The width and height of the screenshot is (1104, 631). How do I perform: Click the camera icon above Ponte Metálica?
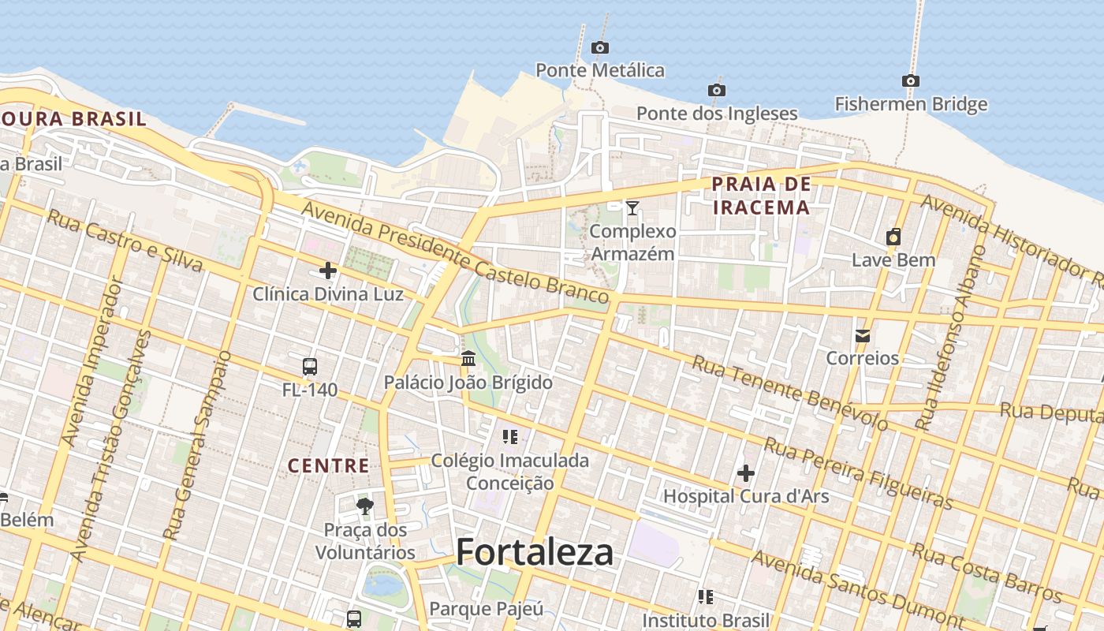(600, 47)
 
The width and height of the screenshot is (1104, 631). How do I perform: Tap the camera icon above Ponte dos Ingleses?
(717, 90)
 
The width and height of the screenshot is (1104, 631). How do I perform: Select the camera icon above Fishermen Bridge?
(911, 80)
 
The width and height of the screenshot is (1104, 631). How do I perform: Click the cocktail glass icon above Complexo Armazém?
(632, 207)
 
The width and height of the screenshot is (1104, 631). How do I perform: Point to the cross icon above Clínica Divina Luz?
(328, 271)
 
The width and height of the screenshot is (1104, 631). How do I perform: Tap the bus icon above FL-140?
(310, 366)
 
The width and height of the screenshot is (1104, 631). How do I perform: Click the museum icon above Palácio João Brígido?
(468, 359)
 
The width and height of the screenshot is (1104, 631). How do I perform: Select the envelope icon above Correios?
(862, 335)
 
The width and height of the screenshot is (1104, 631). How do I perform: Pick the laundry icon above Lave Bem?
(893, 237)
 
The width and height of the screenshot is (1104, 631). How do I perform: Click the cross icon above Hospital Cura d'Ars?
(746, 473)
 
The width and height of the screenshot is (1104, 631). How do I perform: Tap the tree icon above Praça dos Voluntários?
(364, 506)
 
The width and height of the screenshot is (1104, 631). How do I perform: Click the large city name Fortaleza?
(535, 551)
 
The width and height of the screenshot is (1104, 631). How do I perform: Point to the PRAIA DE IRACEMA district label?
(761, 196)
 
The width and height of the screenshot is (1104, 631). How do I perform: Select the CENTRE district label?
(329, 465)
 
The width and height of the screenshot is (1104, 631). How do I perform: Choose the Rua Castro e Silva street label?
(125, 239)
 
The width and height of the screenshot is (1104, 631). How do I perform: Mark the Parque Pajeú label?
(487, 609)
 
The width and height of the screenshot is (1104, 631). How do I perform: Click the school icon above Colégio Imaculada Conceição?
(510, 436)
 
